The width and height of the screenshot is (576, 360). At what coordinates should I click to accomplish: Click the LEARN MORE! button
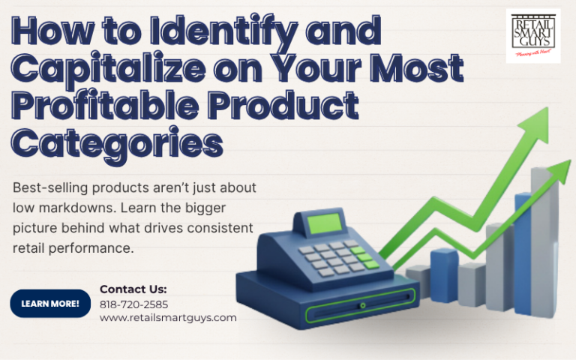tap(50, 303)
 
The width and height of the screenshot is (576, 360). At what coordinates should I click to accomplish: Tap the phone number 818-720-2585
tap(133, 304)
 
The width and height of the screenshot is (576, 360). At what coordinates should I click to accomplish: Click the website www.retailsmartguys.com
tap(168, 317)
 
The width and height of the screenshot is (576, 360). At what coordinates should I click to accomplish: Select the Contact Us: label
tap(133, 289)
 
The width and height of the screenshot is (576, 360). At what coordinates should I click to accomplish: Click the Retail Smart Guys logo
tap(532, 35)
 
